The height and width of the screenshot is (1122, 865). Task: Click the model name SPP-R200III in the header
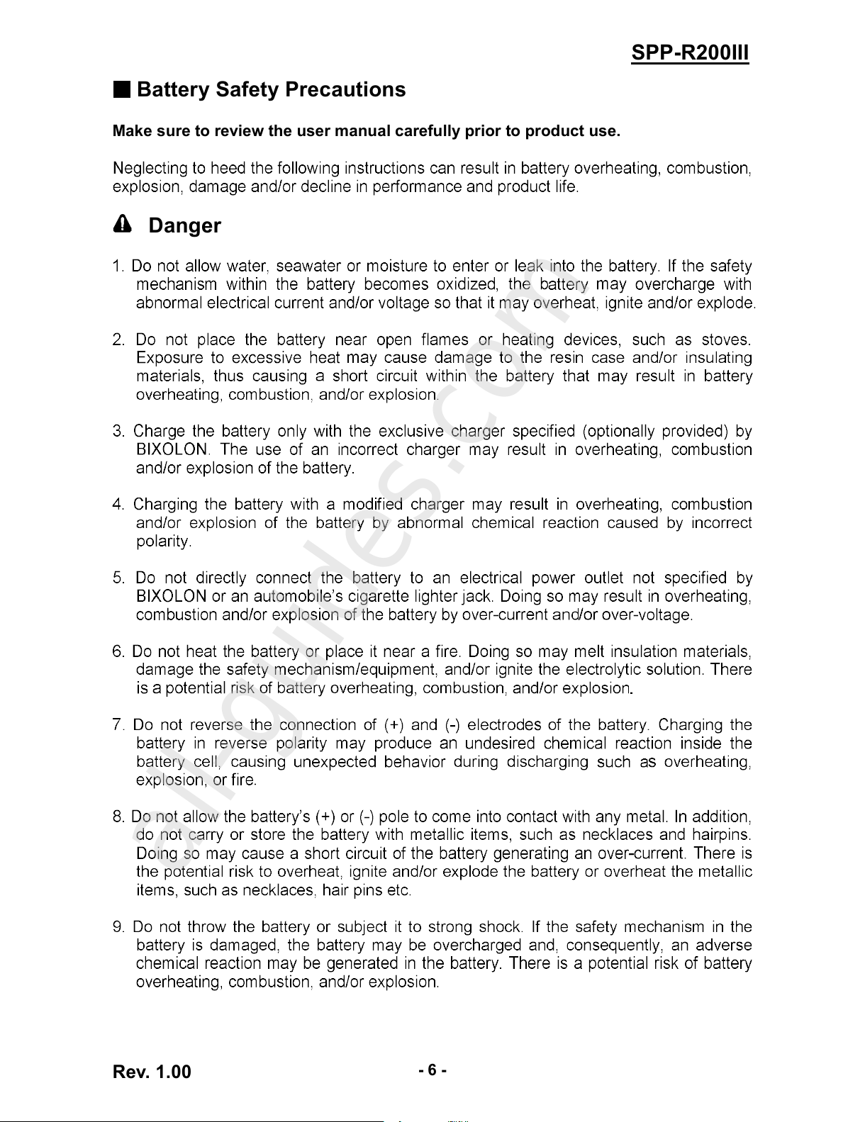(689, 54)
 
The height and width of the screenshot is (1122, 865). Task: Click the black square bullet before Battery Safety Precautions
(122, 90)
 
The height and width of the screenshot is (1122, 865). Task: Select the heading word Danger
(185, 226)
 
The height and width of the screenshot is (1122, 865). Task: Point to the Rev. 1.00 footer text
(152, 1071)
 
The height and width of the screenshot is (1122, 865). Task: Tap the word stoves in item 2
(726, 340)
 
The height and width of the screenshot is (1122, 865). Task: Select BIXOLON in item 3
(172, 450)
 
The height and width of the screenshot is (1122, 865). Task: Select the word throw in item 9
(208, 927)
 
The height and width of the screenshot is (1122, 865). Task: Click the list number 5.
(118, 578)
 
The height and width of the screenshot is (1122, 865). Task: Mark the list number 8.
(118, 817)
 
